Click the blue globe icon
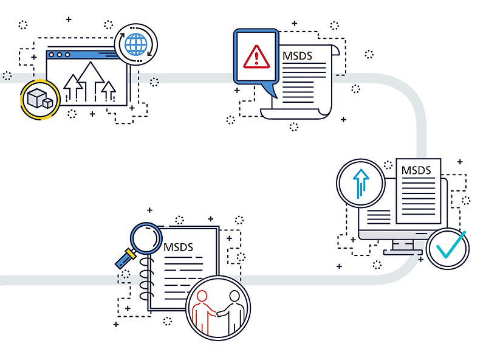[x=137, y=44]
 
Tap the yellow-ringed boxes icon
[x=40, y=99]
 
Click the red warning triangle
[x=256, y=58]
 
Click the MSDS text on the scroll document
[x=297, y=56]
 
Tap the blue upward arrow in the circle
[x=361, y=182]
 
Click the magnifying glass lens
[x=146, y=238]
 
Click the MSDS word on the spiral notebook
[x=178, y=247]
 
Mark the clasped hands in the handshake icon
[x=216, y=313]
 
